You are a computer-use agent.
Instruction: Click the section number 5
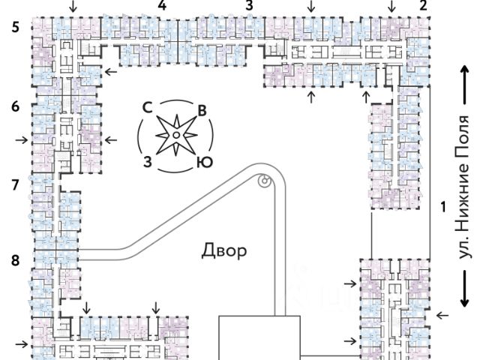click(x=16, y=27)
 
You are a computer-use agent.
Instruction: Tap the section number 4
click(x=162, y=5)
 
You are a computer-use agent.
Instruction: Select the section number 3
click(x=250, y=5)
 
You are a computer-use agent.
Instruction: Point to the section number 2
click(x=423, y=5)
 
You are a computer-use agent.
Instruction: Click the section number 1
click(x=443, y=207)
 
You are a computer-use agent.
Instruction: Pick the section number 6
click(x=15, y=106)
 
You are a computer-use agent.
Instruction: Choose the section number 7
click(x=15, y=185)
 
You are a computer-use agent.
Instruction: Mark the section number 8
click(x=15, y=260)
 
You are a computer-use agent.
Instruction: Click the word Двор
click(x=224, y=250)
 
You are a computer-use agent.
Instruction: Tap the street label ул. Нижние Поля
click(x=461, y=187)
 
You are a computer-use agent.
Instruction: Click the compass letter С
click(x=148, y=108)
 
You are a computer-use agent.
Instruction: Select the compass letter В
click(x=202, y=111)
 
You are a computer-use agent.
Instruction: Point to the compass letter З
click(x=148, y=162)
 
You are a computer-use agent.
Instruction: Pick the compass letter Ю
click(x=204, y=162)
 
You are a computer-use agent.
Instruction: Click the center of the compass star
click(x=176, y=135)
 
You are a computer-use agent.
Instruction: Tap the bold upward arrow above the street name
click(x=465, y=85)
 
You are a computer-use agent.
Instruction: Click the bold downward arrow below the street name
click(x=465, y=288)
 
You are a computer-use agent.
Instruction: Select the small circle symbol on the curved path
click(x=265, y=181)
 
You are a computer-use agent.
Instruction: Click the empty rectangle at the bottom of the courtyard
click(x=259, y=338)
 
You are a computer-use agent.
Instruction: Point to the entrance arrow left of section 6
click(x=22, y=140)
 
